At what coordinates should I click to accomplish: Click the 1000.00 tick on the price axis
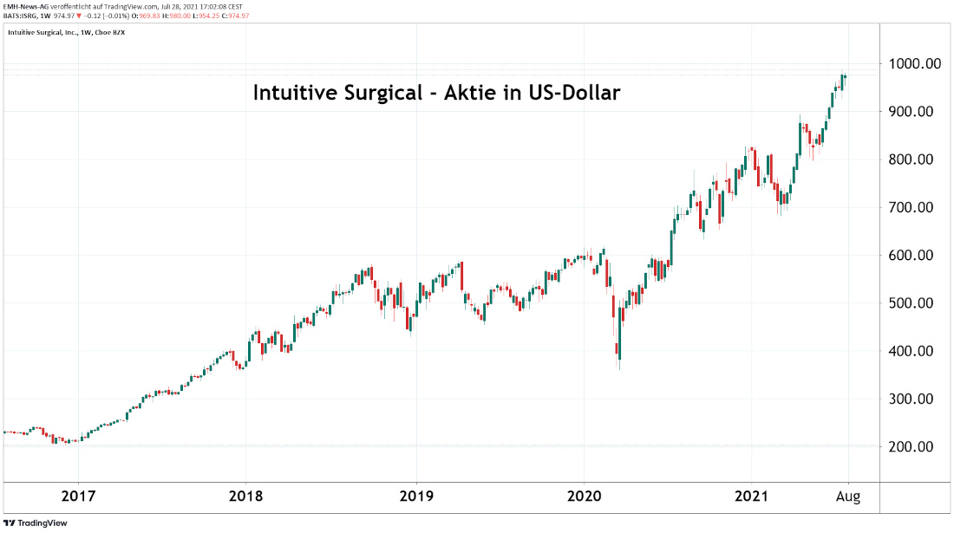[915, 64]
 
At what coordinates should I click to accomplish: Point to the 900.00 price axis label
[915, 112]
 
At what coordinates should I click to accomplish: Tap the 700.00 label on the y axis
[915, 208]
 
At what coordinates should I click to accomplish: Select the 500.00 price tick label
[915, 303]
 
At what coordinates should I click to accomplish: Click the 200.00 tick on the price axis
[915, 447]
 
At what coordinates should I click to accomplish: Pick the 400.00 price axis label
[915, 351]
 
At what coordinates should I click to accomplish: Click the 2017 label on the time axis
[78, 497]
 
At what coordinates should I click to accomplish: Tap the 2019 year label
[416, 497]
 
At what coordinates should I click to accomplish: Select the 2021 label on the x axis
[751, 497]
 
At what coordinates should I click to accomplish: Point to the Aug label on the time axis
[848, 497]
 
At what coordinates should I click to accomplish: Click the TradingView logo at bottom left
[35, 523]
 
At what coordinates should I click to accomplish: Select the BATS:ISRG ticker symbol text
[23, 16]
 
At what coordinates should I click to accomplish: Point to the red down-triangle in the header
[79, 16]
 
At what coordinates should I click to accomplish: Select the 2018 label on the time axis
[246, 497]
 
